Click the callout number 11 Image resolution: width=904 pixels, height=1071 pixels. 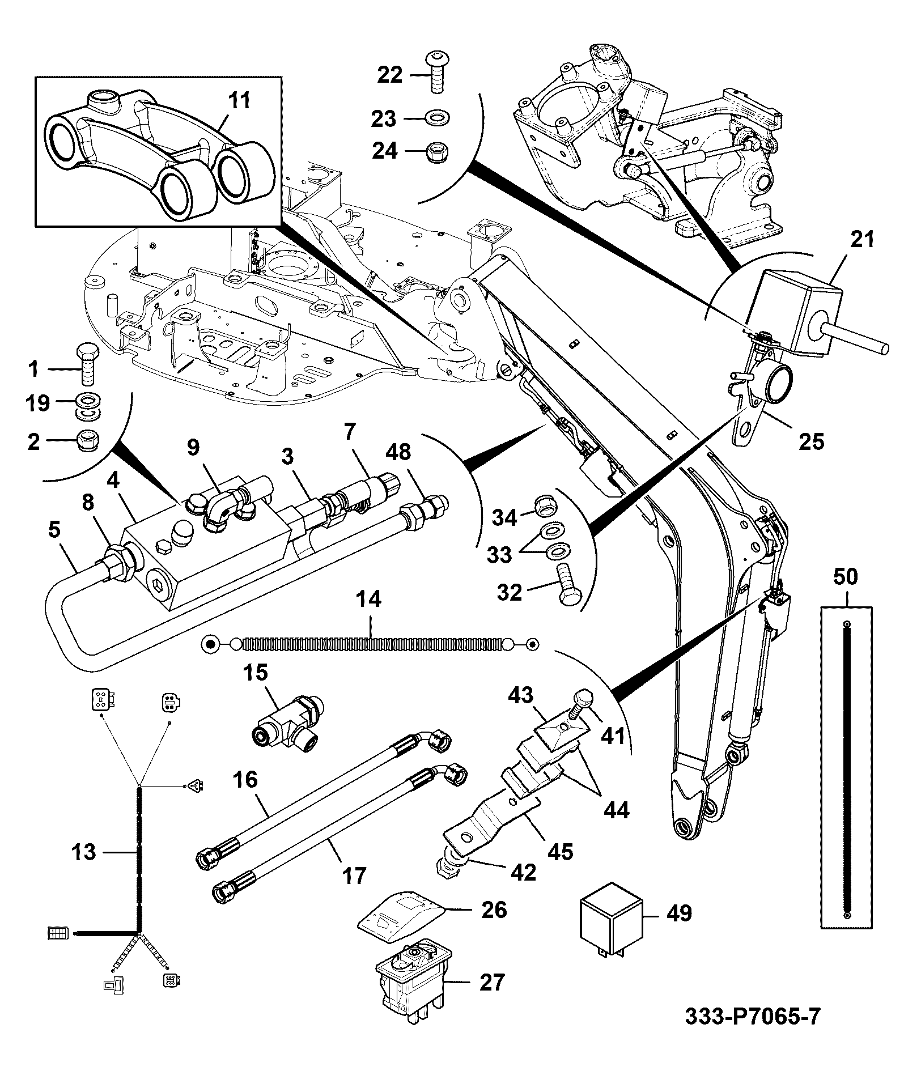[238, 100]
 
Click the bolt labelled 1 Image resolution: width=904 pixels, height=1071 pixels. [87, 364]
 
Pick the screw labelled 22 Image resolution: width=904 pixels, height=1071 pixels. [436, 71]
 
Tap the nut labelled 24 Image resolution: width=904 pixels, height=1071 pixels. [436, 151]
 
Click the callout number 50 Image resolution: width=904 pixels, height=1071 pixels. [846, 577]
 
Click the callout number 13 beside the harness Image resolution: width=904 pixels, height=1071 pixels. [84, 852]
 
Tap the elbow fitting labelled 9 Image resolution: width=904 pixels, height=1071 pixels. [223, 506]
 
